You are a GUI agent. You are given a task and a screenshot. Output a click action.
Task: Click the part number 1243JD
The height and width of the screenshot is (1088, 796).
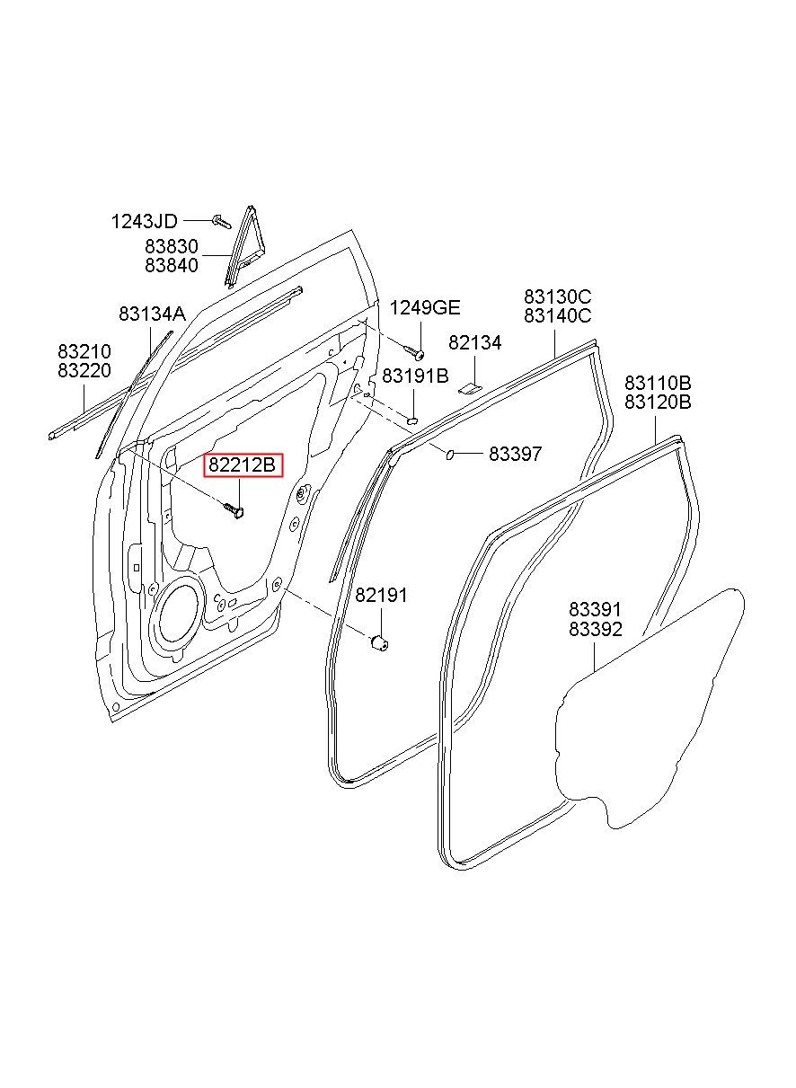[x=145, y=222]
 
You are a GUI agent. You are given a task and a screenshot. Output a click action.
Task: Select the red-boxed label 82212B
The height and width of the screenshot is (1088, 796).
[x=243, y=465]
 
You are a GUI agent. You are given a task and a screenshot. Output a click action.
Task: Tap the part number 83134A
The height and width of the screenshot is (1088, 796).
[x=152, y=314]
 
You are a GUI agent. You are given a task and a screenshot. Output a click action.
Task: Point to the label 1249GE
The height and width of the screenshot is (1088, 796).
[x=426, y=308]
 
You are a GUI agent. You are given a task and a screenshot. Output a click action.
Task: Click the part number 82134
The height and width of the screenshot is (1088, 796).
[x=474, y=343]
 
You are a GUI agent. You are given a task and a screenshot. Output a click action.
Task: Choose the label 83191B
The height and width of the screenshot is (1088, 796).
[x=415, y=376]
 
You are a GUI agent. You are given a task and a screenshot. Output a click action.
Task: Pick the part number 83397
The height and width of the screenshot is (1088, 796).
[x=515, y=454]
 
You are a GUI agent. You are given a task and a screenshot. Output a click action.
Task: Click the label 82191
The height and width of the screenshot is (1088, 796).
[x=381, y=596]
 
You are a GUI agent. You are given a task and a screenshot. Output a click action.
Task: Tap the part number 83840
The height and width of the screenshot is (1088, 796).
[x=172, y=266]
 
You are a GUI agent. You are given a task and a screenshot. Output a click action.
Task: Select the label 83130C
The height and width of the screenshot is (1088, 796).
[x=558, y=296]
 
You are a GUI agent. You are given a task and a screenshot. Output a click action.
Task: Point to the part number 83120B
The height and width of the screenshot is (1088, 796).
[x=658, y=402]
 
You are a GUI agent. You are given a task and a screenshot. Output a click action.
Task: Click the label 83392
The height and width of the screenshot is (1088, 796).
[x=595, y=630]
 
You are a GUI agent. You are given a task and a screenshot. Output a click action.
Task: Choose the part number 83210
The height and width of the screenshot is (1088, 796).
[x=84, y=351]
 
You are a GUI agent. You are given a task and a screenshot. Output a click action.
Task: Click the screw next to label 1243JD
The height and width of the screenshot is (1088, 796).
[x=222, y=222]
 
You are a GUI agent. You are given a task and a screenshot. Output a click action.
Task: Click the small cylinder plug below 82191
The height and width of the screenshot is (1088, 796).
[x=379, y=643]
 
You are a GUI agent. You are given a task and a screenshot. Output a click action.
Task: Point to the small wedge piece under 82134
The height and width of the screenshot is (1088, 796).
[x=471, y=388]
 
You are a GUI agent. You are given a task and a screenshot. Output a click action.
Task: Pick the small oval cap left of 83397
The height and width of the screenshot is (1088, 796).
[x=450, y=454]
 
